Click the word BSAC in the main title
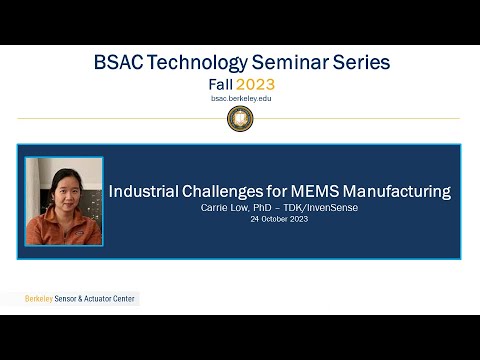(117, 63)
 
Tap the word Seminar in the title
(298, 63)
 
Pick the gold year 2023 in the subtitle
(255, 84)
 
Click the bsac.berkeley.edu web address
(239, 99)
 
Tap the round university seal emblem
(240, 119)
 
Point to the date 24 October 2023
(279, 218)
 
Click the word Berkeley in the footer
(41, 299)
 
